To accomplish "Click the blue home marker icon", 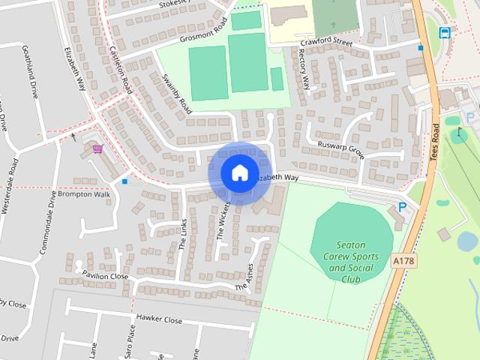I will point(238,172).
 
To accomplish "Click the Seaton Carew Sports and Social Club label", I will point(350,262).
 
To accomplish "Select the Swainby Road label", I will point(177,93).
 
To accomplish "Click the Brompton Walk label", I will point(84,194).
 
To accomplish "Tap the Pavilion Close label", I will point(106,276).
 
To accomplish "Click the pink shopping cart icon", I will point(97,148).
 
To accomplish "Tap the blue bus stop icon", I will point(444,32).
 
